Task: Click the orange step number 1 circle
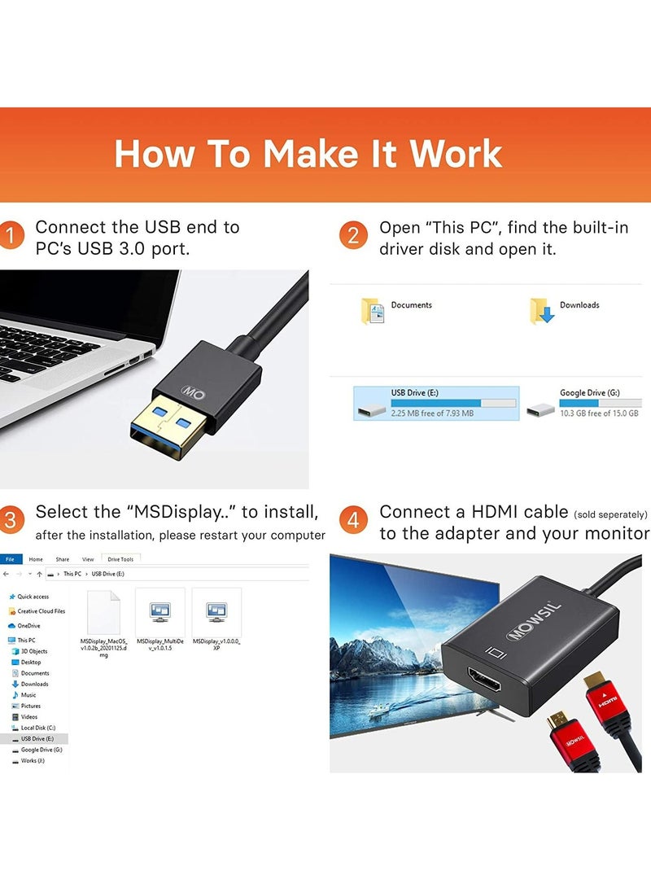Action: click(10, 237)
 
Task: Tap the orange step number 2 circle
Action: click(353, 237)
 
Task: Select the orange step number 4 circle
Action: click(353, 521)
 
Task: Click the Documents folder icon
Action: click(373, 310)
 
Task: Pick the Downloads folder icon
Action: click(542, 310)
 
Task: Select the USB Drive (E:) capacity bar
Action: click(453, 403)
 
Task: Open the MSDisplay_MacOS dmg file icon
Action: click(103, 611)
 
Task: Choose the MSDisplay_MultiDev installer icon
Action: click(160, 611)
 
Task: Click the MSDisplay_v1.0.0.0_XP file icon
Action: click(216, 611)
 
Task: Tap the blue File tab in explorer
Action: click(10, 559)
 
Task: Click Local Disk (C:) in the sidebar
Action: click(37, 728)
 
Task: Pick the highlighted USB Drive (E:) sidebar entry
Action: click(37, 739)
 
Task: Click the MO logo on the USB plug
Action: click(193, 392)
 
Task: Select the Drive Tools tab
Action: click(121, 559)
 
